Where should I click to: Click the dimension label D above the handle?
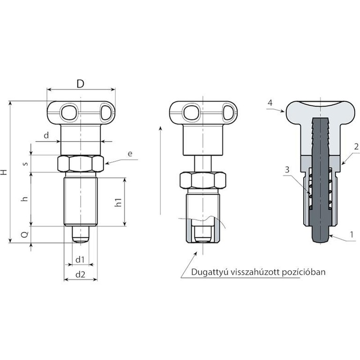tap(80, 84)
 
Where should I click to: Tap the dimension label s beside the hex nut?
tap(26, 164)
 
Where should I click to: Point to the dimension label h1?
tap(118, 202)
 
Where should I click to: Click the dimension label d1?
tap(80, 260)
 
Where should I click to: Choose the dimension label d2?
tap(80, 274)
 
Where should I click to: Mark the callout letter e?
tap(130, 153)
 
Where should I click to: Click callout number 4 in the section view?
tap(270, 103)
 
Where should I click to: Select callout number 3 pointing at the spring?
tap(287, 170)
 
